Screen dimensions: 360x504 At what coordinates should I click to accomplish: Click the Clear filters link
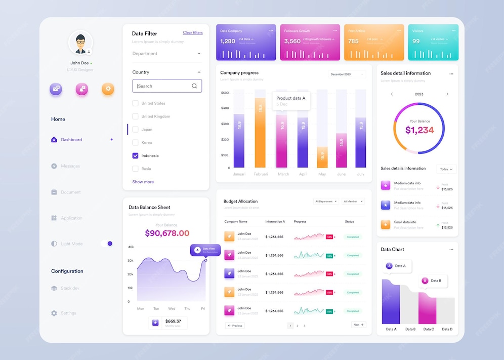[x=192, y=33]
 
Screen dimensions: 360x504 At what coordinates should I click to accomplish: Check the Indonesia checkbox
[x=135, y=156]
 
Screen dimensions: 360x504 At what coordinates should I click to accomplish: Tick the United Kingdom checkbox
[x=135, y=116]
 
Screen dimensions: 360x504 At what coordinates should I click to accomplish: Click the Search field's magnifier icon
[x=194, y=86]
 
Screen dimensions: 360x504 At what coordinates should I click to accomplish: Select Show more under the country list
[x=143, y=182]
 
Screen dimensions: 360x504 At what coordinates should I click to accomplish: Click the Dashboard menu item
[x=71, y=140]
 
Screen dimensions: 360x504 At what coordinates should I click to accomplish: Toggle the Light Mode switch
[x=107, y=244]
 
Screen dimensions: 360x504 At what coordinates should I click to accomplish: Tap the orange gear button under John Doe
[x=108, y=89]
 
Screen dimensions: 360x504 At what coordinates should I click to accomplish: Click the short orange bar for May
[x=322, y=157]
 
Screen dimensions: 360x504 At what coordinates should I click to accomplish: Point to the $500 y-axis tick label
[x=225, y=93]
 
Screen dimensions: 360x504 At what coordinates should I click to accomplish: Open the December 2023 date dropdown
[x=347, y=74]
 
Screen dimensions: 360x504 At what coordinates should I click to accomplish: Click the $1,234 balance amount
[x=419, y=130]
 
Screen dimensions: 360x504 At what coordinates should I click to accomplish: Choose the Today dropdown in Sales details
[x=446, y=169]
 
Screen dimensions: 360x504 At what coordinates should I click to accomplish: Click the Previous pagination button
[x=235, y=326]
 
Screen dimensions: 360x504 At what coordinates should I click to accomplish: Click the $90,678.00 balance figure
[x=167, y=233]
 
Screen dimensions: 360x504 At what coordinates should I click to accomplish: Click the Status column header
[x=349, y=222]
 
